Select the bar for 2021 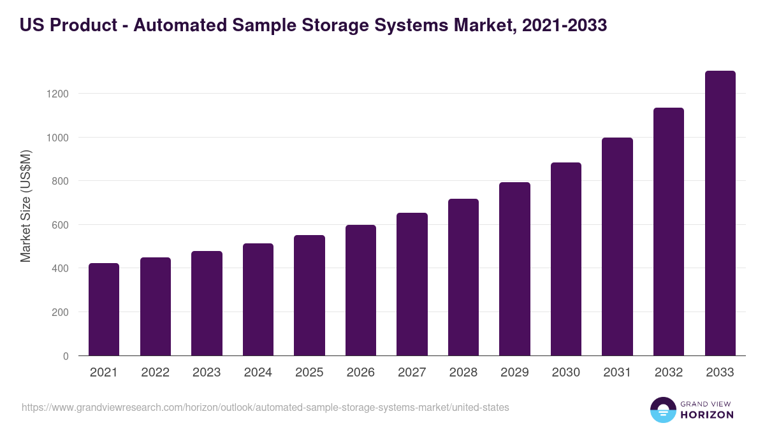click(104, 310)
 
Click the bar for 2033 click(720, 213)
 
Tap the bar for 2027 click(412, 284)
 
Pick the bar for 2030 click(566, 259)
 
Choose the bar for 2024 click(258, 299)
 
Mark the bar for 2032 click(669, 232)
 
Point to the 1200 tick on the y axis click(59, 94)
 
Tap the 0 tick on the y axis click(66, 357)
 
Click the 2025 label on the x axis click(309, 373)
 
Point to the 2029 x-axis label click(514, 373)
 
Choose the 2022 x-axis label click(156, 373)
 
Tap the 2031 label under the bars click(617, 373)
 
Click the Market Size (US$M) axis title click(25, 206)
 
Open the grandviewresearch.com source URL click(265, 407)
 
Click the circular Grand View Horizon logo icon click(663, 410)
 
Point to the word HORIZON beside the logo click(706, 415)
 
